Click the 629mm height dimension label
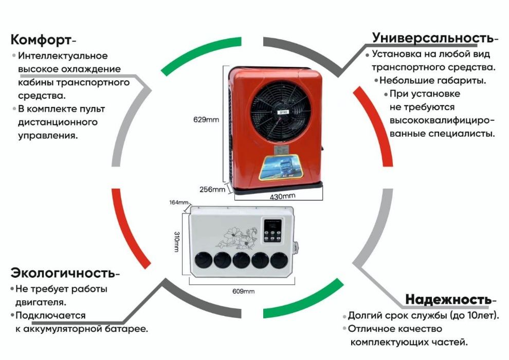tap(207, 120)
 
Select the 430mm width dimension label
tap(282, 196)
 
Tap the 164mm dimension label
tap(179, 203)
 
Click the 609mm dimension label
tap(244, 292)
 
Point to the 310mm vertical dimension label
tap(176, 241)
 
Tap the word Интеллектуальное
tap(63, 56)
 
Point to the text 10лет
tap(481, 315)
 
